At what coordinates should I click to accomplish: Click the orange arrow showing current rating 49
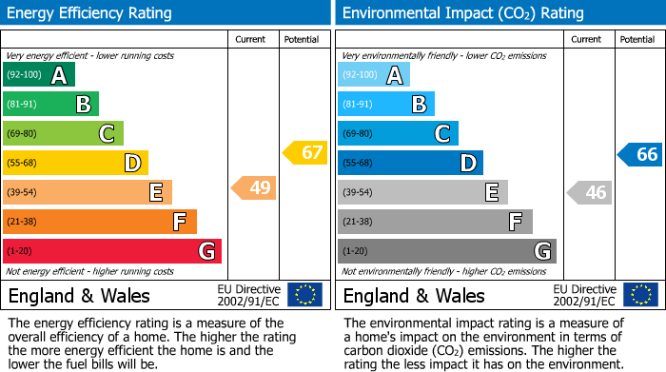click(x=254, y=188)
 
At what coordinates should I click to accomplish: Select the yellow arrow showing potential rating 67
click(x=305, y=152)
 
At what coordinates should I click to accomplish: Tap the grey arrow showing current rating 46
click(x=589, y=193)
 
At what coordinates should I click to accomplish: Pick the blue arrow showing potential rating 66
click(x=640, y=155)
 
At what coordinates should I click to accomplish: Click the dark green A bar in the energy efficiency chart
click(x=38, y=75)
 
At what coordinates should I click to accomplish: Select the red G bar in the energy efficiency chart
click(x=111, y=251)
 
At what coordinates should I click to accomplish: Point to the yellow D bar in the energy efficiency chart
click(x=75, y=164)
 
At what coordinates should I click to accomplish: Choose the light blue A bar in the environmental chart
click(x=374, y=75)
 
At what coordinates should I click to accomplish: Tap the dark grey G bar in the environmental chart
click(x=446, y=251)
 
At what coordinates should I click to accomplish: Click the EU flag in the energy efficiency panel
click(x=304, y=295)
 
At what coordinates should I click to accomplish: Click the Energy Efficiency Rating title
click(x=91, y=13)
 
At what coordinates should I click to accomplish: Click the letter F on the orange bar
click(x=179, y=223)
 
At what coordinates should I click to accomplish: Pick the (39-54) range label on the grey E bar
click(x=358, y=193)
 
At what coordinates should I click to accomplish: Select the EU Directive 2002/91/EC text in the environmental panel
click(x=584, y=295)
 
